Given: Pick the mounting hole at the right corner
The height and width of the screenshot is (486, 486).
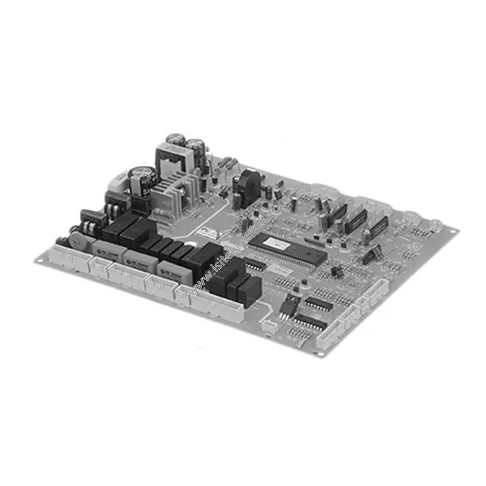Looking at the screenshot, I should tap(455, 232).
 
